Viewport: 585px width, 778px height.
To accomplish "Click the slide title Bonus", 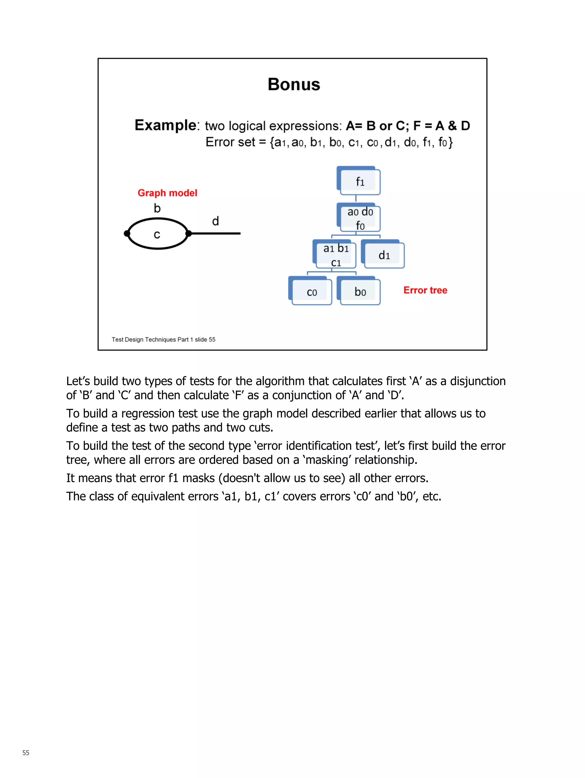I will pyautogui.click(x=294, y=84).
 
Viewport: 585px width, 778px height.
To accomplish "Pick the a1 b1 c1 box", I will pyautogui.click(x=335, y=255).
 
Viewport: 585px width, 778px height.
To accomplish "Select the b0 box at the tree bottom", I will pyautogui.click(x=360, y=292).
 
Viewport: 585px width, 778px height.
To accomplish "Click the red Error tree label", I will pyautogui.click(x=425, y=290).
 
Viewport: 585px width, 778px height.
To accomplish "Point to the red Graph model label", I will pyautogui.click(x=167, y=193).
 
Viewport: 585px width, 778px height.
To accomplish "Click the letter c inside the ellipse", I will pyautogui.click(x=157, y=234).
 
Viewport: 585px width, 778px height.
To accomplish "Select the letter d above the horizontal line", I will pyautogui.click(x=215, y=221).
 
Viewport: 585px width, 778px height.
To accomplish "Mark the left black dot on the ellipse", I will pyautogui.click(x=127, y=234).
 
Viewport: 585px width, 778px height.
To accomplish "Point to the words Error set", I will pyautogui.click(x=230, y=142).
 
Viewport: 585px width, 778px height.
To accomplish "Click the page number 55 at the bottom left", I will pyautogui.click(x=26, y=752).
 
